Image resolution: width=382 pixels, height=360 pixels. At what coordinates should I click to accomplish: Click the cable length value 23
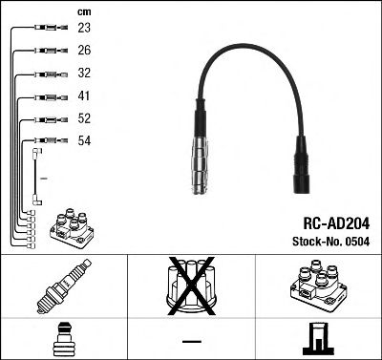point(84,30)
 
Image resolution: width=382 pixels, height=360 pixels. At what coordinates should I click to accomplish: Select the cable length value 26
point(84,52)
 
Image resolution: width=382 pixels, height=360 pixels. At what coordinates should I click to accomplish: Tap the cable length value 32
point(84,74)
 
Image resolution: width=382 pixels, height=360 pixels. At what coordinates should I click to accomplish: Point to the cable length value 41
point(84,96)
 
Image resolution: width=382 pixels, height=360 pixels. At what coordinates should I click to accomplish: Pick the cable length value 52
point(84,119)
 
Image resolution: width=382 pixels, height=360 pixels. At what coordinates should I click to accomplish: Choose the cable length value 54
point(84,140)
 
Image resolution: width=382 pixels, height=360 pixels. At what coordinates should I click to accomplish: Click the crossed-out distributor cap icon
point(191,286)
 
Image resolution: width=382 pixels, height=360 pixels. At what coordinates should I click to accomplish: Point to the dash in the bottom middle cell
point(191,341)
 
